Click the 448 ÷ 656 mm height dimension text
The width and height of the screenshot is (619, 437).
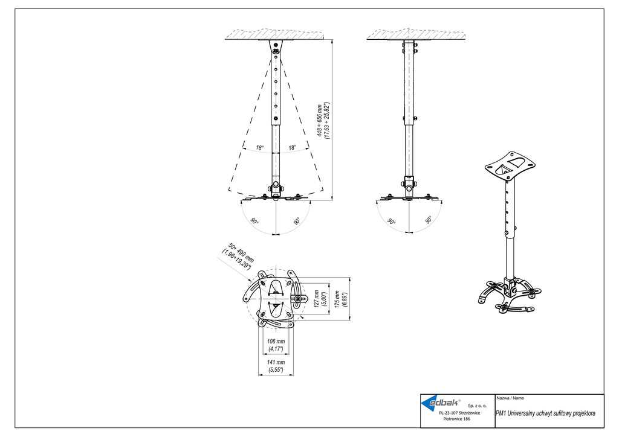(323, 120)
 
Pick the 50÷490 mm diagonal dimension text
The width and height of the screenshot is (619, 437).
(239, 257)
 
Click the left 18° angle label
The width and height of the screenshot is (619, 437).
(259, 148)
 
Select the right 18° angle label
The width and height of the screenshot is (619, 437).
(292, 148)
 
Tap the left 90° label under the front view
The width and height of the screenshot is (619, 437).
(254, 222)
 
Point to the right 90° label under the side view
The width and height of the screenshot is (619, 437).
(429, 220)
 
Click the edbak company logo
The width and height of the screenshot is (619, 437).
(441, 403)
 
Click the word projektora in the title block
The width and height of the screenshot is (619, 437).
(584, 413)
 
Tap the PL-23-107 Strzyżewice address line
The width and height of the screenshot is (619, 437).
(459, 413)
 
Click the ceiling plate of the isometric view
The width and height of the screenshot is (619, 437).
(510, 165)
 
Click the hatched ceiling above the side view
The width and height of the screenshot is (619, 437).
(416, 34)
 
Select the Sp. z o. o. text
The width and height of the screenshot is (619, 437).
(478, 406)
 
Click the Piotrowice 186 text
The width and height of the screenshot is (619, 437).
(457, 419)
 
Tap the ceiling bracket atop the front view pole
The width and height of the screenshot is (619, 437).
(276, 48)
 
